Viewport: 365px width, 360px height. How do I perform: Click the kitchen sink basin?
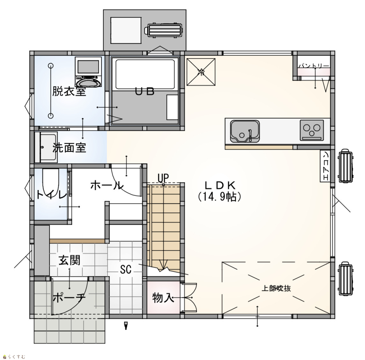[245, 131]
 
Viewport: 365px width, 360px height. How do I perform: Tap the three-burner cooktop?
[312, 130]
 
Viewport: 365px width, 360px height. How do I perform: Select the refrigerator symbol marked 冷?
[201, 72]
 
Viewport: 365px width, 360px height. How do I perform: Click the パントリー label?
[314, 66]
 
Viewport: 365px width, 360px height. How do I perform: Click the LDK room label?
[220, 185]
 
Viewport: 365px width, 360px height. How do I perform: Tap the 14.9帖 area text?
[219, 197]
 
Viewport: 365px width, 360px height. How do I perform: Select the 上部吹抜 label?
[276, 288]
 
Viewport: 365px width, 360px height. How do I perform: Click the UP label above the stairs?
[163, 178]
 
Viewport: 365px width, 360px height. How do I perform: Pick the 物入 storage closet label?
[163, 298]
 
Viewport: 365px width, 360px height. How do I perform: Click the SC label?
[126, 269]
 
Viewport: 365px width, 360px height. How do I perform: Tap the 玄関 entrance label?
[69, 260]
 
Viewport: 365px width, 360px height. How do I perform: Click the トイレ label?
[52, 195]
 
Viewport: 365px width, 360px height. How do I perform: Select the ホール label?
[106, 185]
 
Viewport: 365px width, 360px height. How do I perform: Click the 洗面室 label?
[69, 147]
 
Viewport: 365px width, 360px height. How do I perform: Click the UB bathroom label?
[145, 92]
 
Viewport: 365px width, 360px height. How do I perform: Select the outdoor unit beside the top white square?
[164, 30]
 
